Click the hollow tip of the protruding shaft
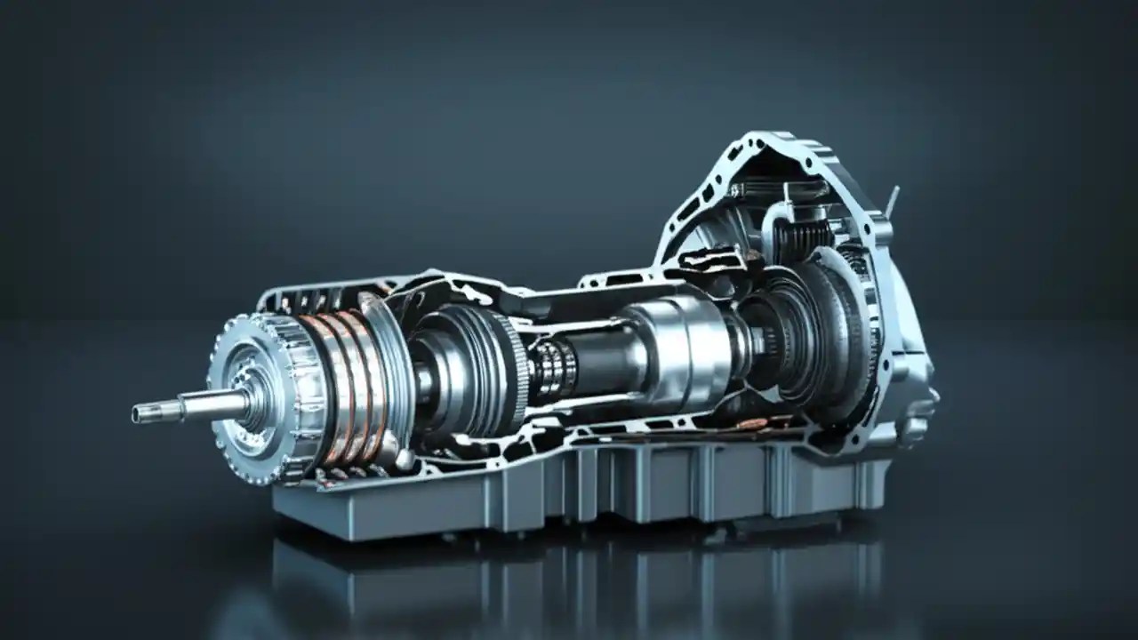[138, 414]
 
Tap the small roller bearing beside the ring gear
[551, 368]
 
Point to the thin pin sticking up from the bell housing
[892, 201]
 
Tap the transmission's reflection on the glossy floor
[569, 578]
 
